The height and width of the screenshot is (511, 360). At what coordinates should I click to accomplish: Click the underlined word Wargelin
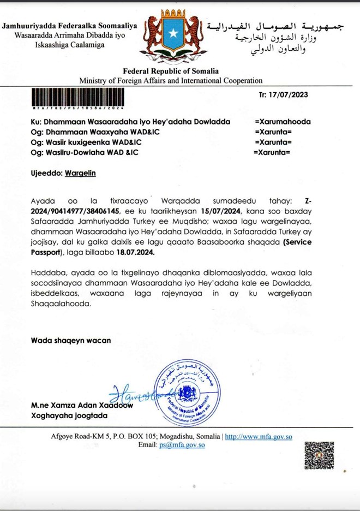(x=80, y=173)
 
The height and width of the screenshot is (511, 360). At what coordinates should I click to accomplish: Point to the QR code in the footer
(x=319, y=456)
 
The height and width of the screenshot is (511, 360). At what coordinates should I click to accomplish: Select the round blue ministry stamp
(x=187, y=393)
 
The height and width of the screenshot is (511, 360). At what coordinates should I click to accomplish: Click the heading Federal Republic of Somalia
(x=171, y=71)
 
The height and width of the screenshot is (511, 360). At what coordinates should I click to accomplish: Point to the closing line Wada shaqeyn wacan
(x=70, y=340)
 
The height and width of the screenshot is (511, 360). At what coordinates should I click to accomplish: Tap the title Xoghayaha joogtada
(x=70, y=415)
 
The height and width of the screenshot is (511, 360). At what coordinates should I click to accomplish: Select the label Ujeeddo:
(x=46, y=173)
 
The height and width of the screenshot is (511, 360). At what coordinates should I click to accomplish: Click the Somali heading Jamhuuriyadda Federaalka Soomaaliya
(x=70, y=26)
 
